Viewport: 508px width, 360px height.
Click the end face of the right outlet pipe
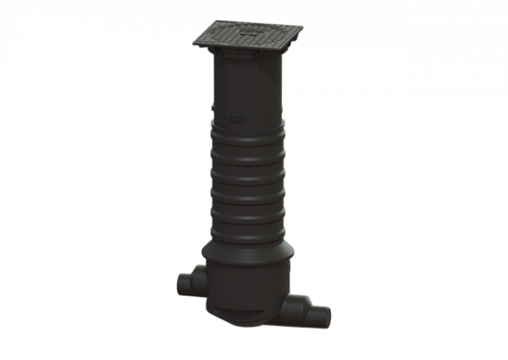[322, 318]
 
